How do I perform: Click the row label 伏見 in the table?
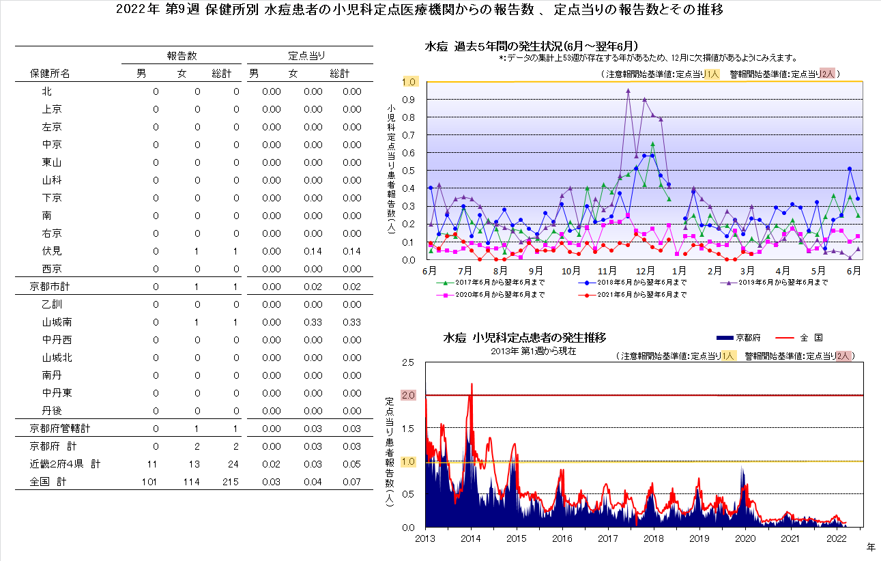pyautogui.click(x=51, y=251)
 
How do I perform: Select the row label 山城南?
pyautogui.click(x=57, y=322)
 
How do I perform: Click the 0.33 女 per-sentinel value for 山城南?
pyautogui.click(x=313, y=322)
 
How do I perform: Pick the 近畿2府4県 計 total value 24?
pyautogui.click(x=232, y=464)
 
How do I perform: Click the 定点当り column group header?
pyautogui.click(x=306, y=56)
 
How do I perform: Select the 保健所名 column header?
pyautogui.click(x=50, y=74)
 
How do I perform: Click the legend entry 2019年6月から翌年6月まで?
pyautogui.click(x=778, y=282)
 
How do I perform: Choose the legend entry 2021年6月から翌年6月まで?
pyautogui.click(x=635, y=295)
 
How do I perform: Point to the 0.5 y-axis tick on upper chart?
pyautogui.click(x=409, y=170)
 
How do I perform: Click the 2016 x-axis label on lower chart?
pyautogui.click(x=562, y=538)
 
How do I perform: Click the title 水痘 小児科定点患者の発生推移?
pyautogui.click(x=524, y=338)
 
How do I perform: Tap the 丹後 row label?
pyautogui.click(x=51, y=411)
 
